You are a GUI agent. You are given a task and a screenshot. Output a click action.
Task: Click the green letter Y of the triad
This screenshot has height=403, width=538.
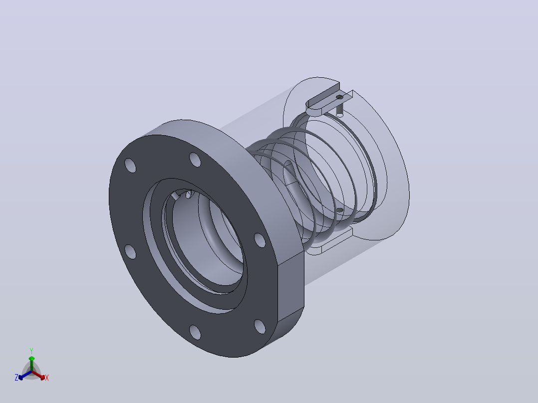pyautogui.click(x=31, y=351)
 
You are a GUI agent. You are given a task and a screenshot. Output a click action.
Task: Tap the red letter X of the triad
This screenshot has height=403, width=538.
pyautogui.click(x=47, y=378)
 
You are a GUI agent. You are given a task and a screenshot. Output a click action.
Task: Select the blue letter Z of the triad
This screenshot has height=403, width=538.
pyautogui.click(x=16, y=378)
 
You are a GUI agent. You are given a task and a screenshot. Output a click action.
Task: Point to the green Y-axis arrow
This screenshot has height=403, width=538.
pyautogui.click(x=31, y=364)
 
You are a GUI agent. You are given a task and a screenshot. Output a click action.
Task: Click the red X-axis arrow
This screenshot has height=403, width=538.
pyautogui.click(x=38, y=375)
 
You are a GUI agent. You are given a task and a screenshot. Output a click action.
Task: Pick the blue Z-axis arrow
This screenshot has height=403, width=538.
pyautogui.click(x=25, y=375)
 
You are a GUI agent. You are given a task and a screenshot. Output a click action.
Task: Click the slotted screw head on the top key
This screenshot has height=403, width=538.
pyautogui.click(x=340, y=97)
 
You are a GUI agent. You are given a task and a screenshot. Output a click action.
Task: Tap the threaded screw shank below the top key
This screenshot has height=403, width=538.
pyautogui.click(x=340, y=109)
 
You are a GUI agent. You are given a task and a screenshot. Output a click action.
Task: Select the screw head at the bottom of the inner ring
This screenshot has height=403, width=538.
pyautogui.click(x=340, y=210)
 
